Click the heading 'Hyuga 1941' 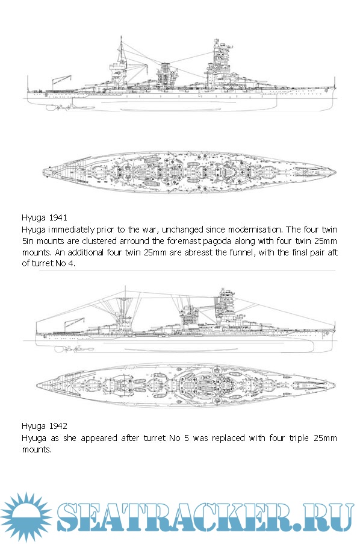coord(44,218)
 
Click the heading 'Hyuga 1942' coord(44,426)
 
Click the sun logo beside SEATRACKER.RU coord(26,517)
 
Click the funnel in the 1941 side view coord(165,75)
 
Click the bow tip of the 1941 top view coord(335,172)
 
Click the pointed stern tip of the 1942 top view coord(37,384)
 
